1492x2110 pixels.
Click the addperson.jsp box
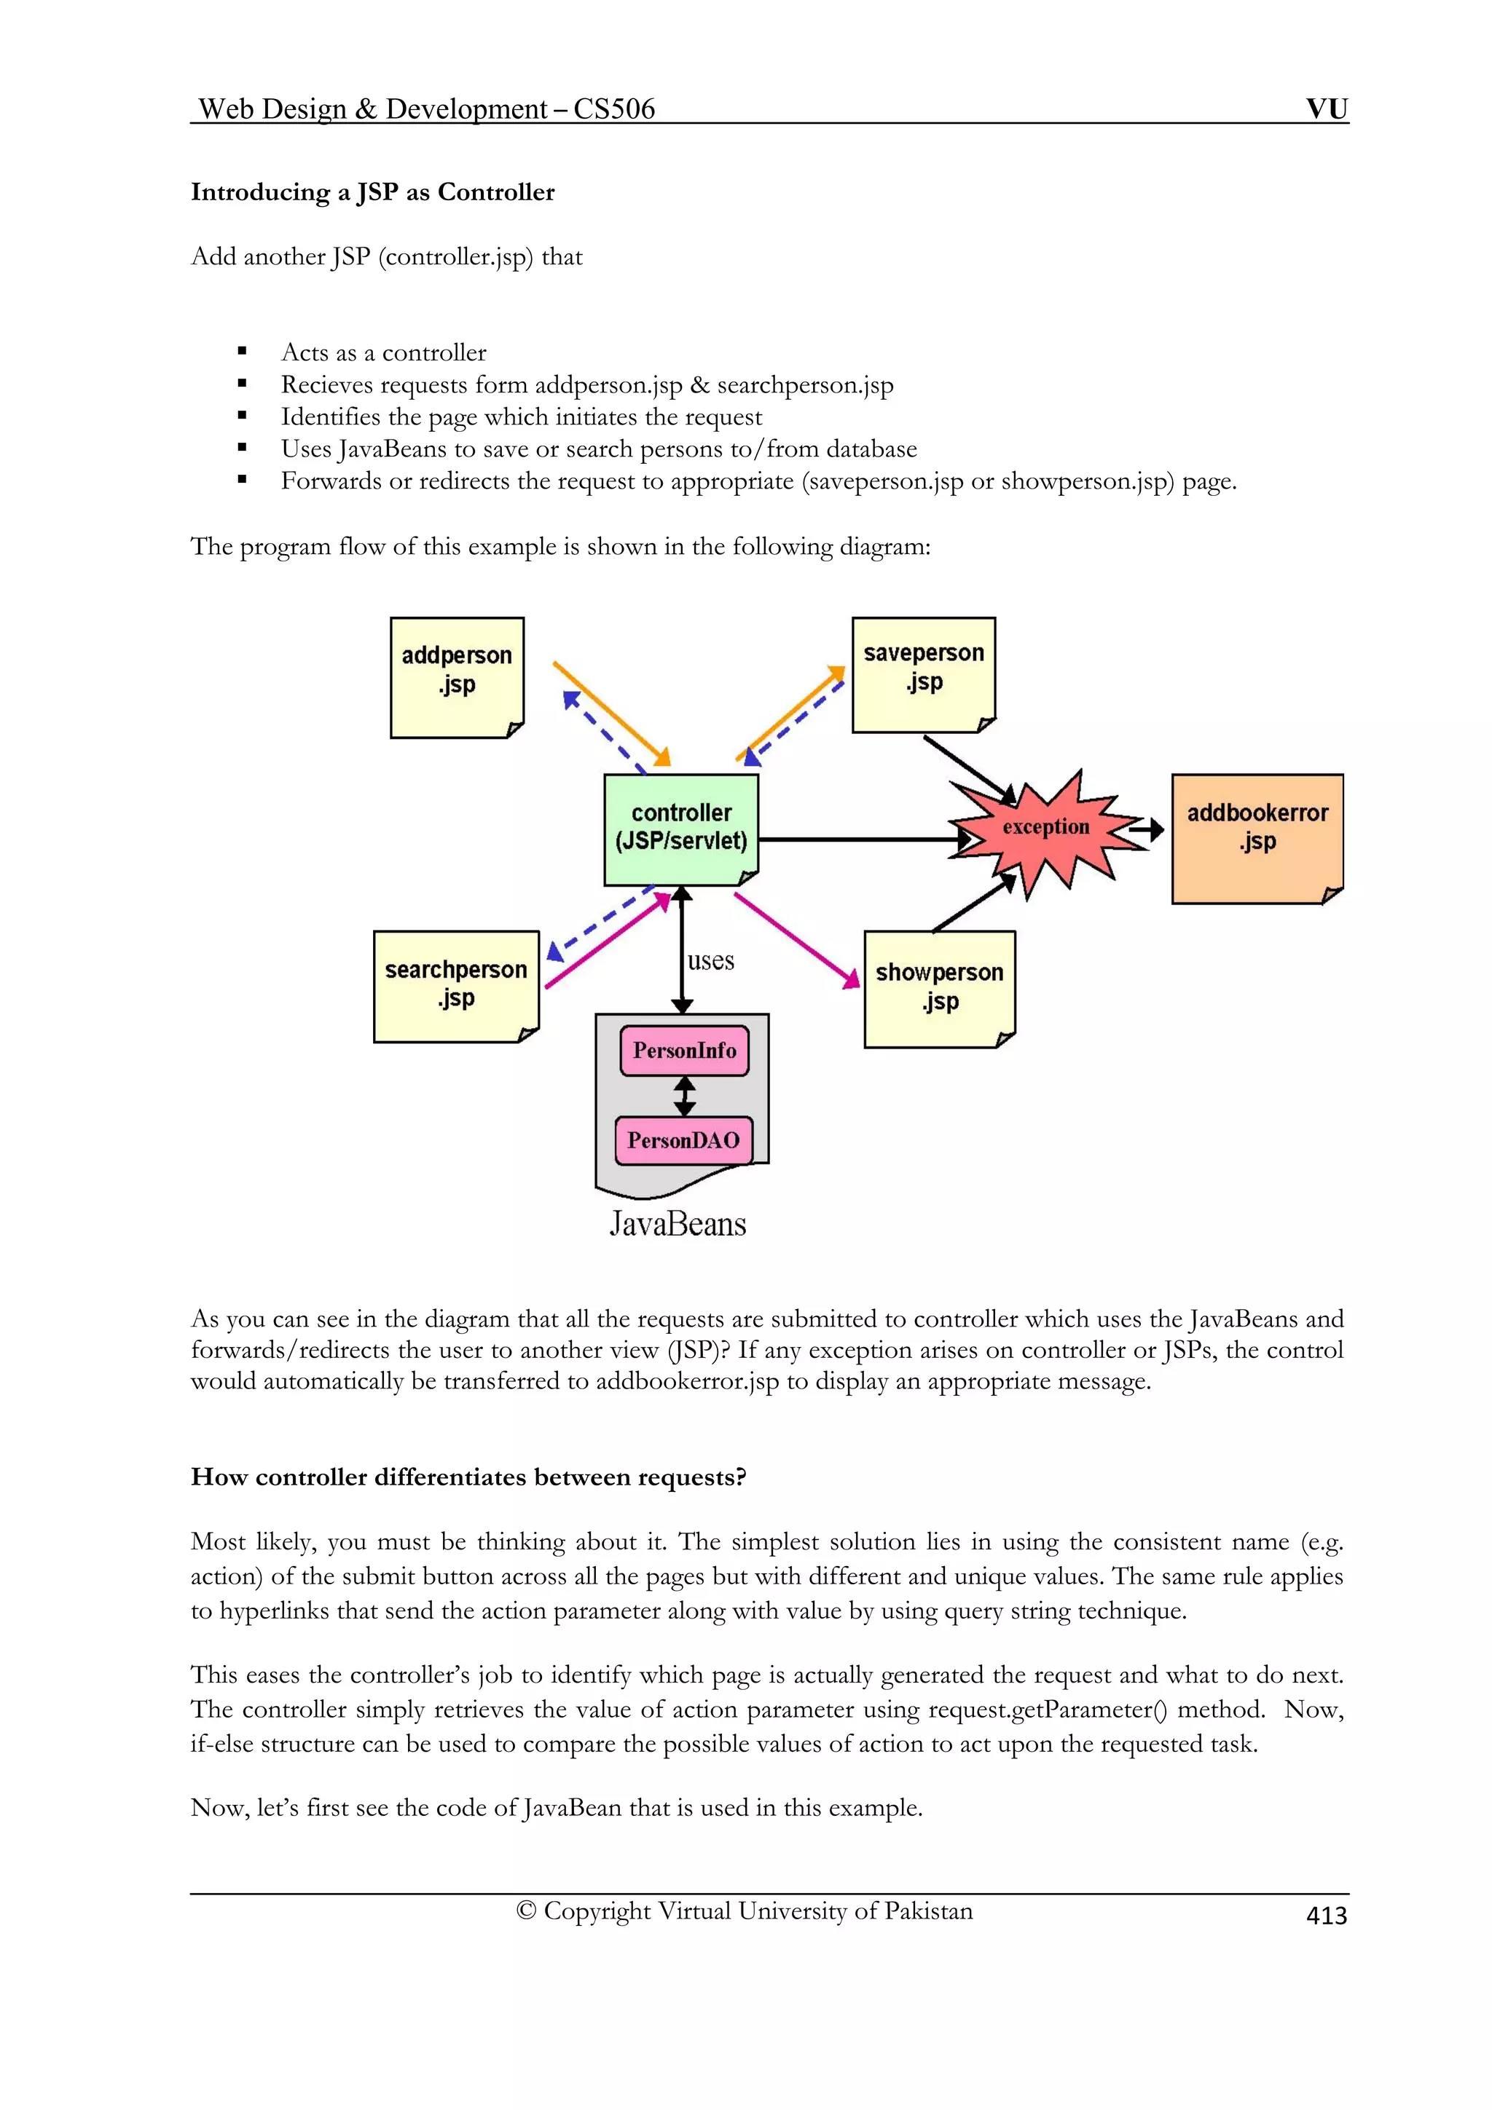(x=457, y=677)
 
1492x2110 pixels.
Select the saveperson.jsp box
(x=923, y=674)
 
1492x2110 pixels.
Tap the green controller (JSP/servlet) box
(x=681, y=829)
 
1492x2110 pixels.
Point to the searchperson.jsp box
(x=456, y=986)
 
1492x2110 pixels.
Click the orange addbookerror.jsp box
(x=1257, y=838)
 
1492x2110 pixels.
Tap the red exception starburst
(x=1046, y=828)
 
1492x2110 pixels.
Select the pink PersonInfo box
(x=685, y=1051)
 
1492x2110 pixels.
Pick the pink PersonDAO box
(x=684, y=1140)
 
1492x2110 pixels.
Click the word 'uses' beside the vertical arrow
(x=710, y=960)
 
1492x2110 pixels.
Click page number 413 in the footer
(x=1326, y=1915)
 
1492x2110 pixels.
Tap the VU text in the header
(x=1327, y=108)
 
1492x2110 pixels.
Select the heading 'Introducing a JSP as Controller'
(x=372, y=192)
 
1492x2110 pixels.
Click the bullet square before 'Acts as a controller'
(x=243, y=352)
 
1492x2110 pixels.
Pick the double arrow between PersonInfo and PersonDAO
(x=685, y=1097)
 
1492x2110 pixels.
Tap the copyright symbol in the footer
(x=526, y=1911)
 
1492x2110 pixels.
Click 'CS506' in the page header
(x=614, y=109)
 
